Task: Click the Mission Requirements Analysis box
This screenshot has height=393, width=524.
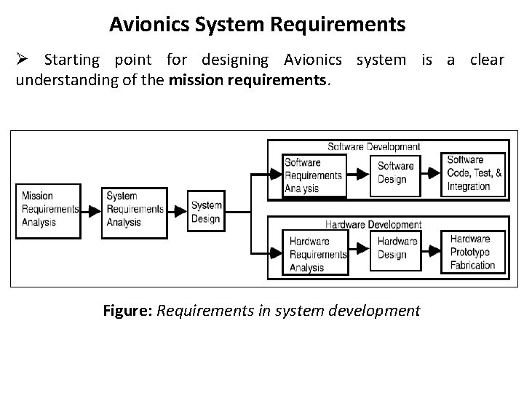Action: tap(49, 210)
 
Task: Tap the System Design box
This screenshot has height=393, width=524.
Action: tap(207, 212)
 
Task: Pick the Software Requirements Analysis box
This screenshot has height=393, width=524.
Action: tap(314, 175)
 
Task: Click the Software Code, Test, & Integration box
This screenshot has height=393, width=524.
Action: tap(475, 173)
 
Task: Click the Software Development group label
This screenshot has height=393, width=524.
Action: tap(373, 147)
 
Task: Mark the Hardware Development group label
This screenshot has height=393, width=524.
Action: tap(373, 225)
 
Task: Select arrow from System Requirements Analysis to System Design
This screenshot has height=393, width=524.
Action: tap(178, 210)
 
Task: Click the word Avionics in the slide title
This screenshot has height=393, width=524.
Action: tap(148, 25)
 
